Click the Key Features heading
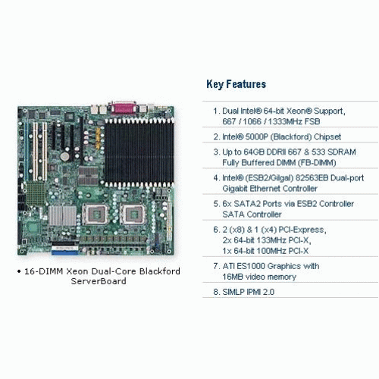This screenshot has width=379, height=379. (x=236, y=84)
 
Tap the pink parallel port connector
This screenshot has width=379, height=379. (x=124, y=108)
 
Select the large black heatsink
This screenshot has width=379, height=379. (x=139, y=152)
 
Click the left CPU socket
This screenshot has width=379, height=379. (x=96, y=215)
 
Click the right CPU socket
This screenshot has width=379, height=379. (x=133, y=215)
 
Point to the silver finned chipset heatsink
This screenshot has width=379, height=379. (x=62, y=215)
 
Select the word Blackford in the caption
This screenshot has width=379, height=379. (x=160, y=271)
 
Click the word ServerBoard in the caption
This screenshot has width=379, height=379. (x=99, y=281)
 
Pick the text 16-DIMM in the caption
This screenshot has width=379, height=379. (x=43, y=271)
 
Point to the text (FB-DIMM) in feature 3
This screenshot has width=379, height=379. (x=317, y=163)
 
